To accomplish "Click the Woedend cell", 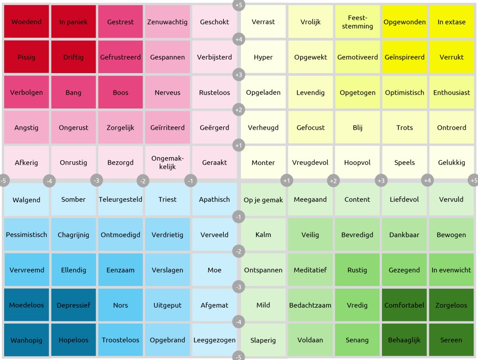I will coord(26,22).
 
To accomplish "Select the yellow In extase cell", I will coord(451,22).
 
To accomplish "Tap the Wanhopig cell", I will coord(26,340).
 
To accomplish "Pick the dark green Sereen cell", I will coord(451,340).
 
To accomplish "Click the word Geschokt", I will coord(215,22).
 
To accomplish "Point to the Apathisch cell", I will coord(215,200).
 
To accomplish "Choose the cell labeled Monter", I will coord(263,163).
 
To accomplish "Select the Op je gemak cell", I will coord(263,200).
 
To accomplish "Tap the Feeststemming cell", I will coord(358,22).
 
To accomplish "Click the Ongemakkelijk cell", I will coord(167,163).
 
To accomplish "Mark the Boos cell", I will coord(120,92).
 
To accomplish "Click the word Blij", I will coord(358,128).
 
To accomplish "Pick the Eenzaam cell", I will coord(120,270).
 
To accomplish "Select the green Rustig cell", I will coord(358,270).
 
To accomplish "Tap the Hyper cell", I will coord(263,57).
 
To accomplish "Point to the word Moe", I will coord(215,270).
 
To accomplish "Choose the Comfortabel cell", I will coord(404,305).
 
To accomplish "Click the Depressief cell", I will coord(74,305).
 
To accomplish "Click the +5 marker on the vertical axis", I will coord(239,5).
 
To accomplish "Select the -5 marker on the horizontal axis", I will coord(4,181).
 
